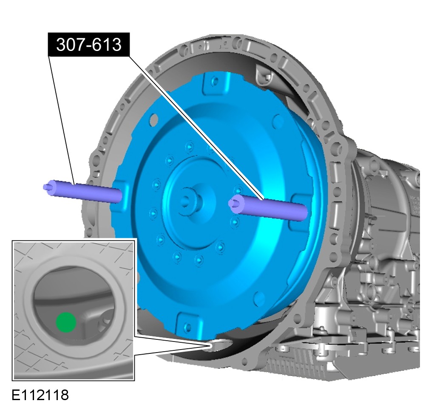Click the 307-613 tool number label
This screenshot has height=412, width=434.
click(x=88, y=45)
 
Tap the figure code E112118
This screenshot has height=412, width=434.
click(x=40, y=395)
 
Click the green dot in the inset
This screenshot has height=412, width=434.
click(x=66, y=322)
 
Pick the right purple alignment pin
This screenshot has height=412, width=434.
click(x=268, y=207)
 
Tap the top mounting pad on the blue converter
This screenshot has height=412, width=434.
click(x=216, y=82)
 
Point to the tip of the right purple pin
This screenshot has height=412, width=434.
click(x=230, y=203)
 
